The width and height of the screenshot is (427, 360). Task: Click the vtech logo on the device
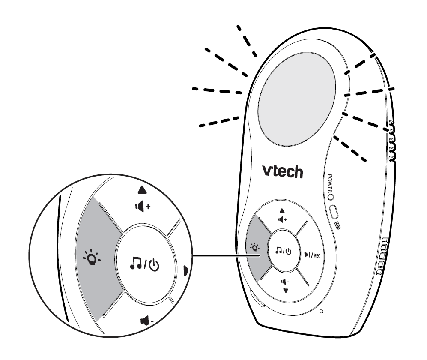(x=282, y=171)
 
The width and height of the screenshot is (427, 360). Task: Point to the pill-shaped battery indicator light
(x=334, y=212)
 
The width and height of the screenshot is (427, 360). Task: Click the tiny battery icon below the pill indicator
(x=337, y=226)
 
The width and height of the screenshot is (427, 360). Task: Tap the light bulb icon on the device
(x=255, y=247)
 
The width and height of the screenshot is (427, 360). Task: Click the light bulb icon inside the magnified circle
(x=92, y=257)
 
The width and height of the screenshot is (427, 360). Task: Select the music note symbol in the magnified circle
(x=136, y=263)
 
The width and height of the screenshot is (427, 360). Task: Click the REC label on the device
(x=317, y=255)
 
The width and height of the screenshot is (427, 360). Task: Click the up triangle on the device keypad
(x=282, y=211)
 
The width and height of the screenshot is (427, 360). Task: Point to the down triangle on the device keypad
(x=286, y=291)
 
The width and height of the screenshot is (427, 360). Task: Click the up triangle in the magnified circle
(x=142, y=190)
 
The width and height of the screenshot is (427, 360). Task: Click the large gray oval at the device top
(x=296, y=99)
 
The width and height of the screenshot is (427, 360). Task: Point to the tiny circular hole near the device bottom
(x=321, y=311)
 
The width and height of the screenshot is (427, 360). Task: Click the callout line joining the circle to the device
(x=226, y=256)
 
